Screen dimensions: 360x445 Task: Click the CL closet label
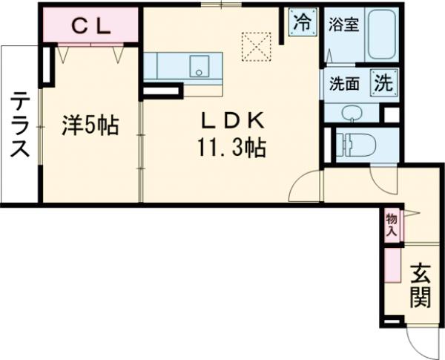tap(90, 27)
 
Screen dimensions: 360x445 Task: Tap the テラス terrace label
tap(20, 124)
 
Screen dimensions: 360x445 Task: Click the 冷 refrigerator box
tap(300, 22)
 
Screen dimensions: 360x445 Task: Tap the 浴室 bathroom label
tap(343, 24)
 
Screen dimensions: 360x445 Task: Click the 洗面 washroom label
tap(344, 84)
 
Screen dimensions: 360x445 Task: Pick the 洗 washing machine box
tap(383, 83)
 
